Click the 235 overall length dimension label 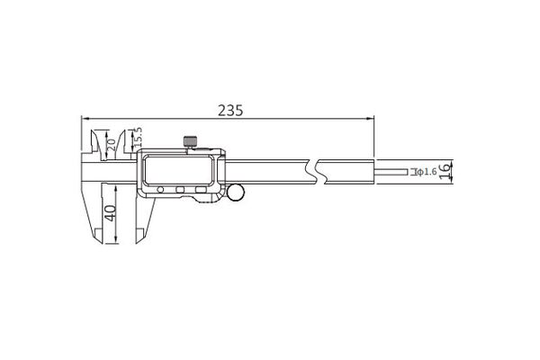230,111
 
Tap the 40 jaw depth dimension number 111,213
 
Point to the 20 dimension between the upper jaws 112,144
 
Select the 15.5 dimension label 138,137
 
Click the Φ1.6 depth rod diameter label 427,172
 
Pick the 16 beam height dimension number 445,171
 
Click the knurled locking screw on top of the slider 190,141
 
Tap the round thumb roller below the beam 236,193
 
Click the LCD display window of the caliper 178,170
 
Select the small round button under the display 160,189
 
